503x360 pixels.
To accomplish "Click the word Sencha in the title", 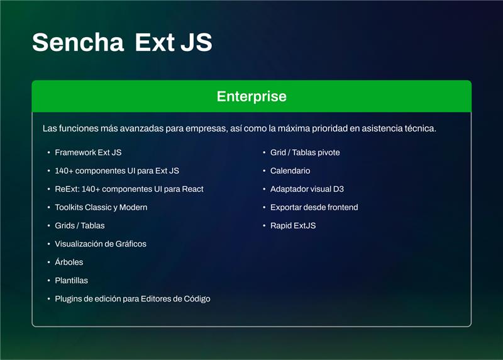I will (x=78, y=42).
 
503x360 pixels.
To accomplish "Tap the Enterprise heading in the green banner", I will (x=251, y=96).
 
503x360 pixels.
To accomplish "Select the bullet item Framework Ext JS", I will (x=88, y=152).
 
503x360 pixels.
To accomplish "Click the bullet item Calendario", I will (x=290, y=171).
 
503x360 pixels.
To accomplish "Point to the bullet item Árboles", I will (x=69, y=262).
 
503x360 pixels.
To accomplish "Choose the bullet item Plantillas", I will (x=71, y=280).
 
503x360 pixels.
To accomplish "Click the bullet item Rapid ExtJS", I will (x=292, y=225).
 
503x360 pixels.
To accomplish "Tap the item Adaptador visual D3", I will (x=307, y=189).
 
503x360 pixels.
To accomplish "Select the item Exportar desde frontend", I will (x=314, y=207).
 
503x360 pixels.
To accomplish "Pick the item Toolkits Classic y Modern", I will (x=101, y=207).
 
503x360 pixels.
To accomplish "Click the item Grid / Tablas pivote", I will (x=305, y=152).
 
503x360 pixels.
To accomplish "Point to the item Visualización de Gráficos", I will (x=101, y=244).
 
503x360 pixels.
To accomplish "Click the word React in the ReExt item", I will (x=192, y=189).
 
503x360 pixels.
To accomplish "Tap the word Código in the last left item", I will (x=197, y=298).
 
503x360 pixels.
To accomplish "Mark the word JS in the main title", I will (x=196, y=42).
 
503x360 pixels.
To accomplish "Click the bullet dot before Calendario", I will (x=264, y=171).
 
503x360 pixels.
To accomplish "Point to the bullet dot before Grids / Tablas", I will (x=48, y=226).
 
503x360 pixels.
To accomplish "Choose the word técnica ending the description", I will (x=421, y=128).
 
